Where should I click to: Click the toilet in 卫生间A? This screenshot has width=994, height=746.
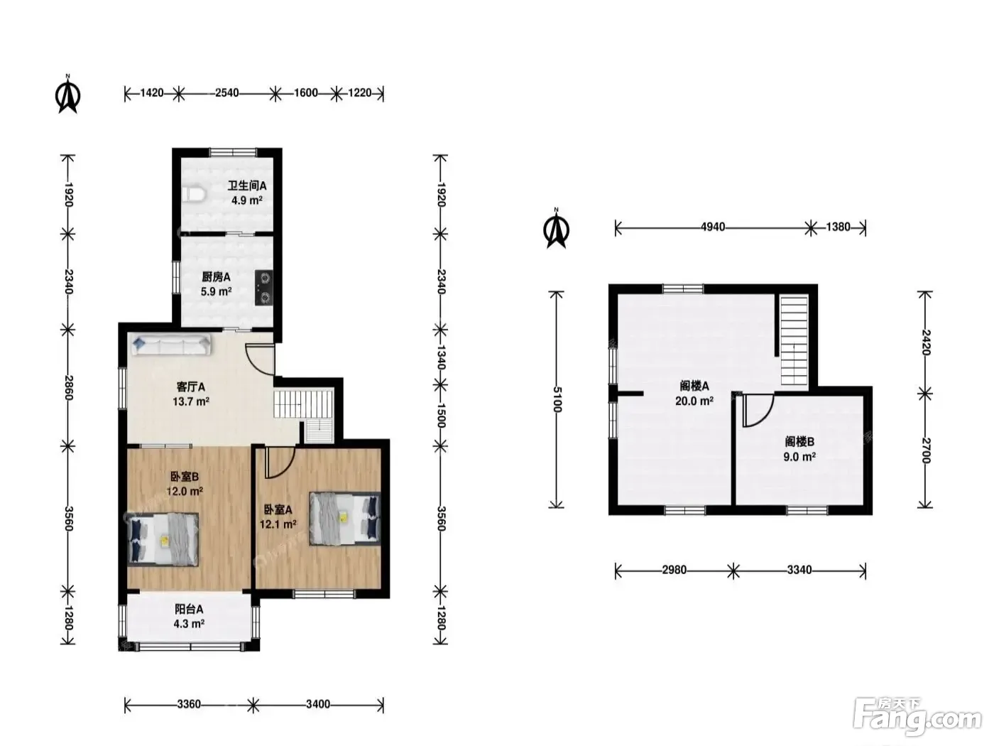click(x=194, y=194)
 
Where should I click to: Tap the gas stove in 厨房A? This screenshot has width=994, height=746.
click(x=263, y=287)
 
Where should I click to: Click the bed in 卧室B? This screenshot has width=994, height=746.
click(x=163, y=539)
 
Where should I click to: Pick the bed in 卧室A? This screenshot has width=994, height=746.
click(x=344, y=519)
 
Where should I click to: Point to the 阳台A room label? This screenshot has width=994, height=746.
click(x=189, y=609)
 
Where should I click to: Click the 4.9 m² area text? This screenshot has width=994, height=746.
click(x=247, y=200)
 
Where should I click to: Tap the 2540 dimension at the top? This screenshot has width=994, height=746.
click(x=227, y=93)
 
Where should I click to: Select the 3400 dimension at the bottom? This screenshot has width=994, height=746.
click(x=318, y=704)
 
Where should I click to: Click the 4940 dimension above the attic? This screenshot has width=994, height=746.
click(x=713, y=227)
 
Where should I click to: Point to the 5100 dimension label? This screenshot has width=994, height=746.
click(x=557, y=399)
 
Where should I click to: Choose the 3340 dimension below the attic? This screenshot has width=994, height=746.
click(x=799, y=570)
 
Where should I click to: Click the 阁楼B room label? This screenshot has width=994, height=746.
click(x=799, y=442)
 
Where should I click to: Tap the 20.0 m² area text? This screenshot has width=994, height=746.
click(x=694, y=401)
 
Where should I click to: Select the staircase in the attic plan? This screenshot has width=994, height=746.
click(x=794, y=340)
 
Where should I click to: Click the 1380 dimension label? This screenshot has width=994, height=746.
click(x=839, y=227)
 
